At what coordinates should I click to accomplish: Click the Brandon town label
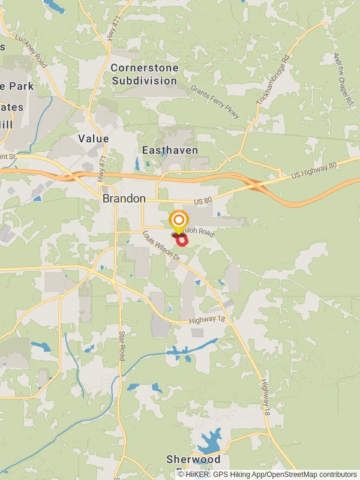pyautogui.click(x=124, y=199)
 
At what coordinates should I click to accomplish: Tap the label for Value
pyautogui.click(x=94, y=139)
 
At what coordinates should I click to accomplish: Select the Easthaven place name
pyautogui.click(x=170, y=150)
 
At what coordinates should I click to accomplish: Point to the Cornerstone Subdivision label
pyautogui.click(x=145, y=74)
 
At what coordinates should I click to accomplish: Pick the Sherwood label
pyautogui.click(x=193, y=460)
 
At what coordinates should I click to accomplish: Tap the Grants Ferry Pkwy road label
pyautogui.click(x=214, y=101)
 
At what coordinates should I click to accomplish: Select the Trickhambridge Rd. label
pyautogui.click(x=273, y=80)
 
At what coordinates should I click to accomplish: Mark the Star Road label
pyautogui.click(x=122, y=346)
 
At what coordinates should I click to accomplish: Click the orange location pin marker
pyautogui.click(x=178, y=220)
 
